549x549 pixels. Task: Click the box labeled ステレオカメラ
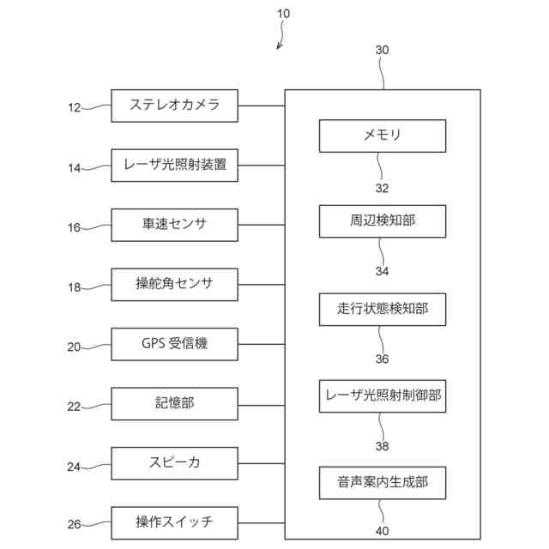(174, 106)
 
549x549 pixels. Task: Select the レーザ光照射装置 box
(174, 166)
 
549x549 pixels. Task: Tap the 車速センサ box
(174, 225)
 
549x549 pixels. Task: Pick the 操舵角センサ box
(174, 284)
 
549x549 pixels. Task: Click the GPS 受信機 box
(174, 344)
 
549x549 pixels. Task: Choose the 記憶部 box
(174, 404)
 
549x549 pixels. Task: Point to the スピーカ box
(174, 463)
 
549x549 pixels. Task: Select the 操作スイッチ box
(174, 522)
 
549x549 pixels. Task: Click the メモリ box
(383, 136)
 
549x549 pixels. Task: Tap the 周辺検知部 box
(383, 221)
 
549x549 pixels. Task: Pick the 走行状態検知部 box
(383, 310)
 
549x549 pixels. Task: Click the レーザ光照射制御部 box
(383, 396)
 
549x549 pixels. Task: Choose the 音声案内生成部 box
(383, 483)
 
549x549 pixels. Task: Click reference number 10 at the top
(283, 14)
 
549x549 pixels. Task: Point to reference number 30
(382, 50)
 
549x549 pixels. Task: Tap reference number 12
(75, 107)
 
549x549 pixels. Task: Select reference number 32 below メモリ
(382, 188)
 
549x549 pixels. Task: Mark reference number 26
(74, 524)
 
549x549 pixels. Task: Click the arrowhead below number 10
(279, 46)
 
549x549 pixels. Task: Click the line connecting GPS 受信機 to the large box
(261, 344)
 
